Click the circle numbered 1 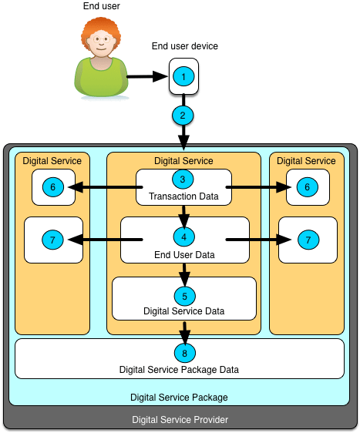click(x=183, y=76)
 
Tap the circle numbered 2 click(x=183, y=116)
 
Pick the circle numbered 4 click(x=183, y=237)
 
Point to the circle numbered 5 click(x=183, y=295)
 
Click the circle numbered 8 click(x=183, y=354)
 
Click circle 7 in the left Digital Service click(x=52, y=240)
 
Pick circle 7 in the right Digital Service click(x=308, y=240)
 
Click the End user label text click(x=100, y=6)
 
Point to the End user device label click(x=184, y=46)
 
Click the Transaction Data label click(x=183, y=197)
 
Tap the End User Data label click(x=183, y=254)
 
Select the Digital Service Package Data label click(x=179, y=370)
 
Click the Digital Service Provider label click(x=179, y=419)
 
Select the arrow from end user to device click(x=146, y=76)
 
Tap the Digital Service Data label click(x=183, y=311)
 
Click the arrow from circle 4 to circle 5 click(x=183, y=270)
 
